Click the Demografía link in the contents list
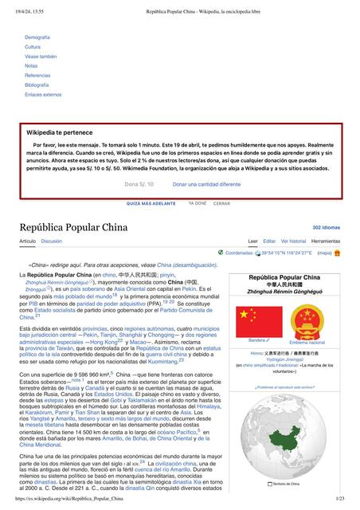coord(37,37)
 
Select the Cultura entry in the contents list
coord(33,47)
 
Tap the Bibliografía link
coord(37,84)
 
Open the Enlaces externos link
coord(43,94)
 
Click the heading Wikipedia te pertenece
coord(60,132)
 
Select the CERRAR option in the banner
coord(221,203)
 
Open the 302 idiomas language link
coord(326,227)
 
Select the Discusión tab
coord(52,241)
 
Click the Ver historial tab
coord(293,241)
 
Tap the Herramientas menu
coord(326,241)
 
